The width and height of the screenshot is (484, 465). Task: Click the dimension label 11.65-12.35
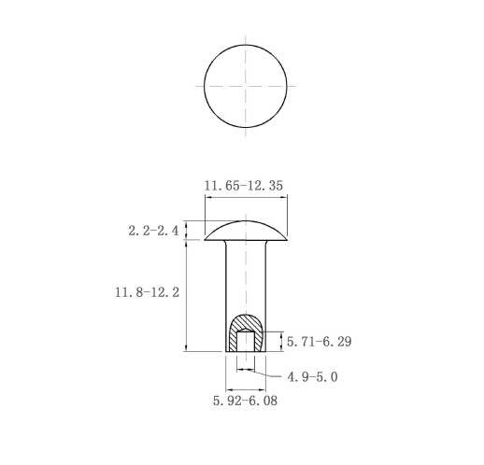(x=244, y=186)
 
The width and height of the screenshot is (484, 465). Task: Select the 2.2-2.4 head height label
(x=153, y=231)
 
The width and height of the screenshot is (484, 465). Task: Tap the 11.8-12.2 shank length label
(x=148, y=292)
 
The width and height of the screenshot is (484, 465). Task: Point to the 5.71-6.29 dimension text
(x=320, y=342)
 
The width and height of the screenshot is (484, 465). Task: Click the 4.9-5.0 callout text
(x=312, y=377)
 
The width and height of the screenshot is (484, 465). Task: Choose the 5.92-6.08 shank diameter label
(x=245, y=401)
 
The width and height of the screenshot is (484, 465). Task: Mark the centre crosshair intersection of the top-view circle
(x=246, y=86)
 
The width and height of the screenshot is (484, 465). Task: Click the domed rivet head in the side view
(x=246, y=231)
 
